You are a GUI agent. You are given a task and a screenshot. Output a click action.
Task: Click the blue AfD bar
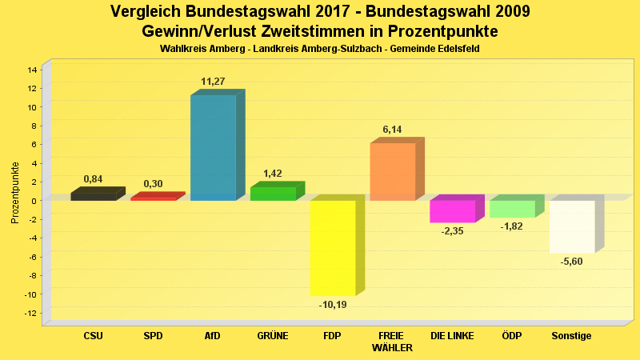[213, 147]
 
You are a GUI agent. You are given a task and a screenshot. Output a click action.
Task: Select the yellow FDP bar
[333, 248]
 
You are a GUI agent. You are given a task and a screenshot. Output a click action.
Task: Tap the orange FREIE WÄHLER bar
[392, 171]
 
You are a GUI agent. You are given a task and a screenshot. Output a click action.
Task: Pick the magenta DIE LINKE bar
[452, 211]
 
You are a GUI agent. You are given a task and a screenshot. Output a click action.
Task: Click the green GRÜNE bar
[273, 194]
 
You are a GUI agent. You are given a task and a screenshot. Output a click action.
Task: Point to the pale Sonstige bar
[572, 226]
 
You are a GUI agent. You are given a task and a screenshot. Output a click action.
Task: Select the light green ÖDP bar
[512, 209]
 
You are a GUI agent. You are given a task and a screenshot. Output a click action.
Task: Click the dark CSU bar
[93, 196]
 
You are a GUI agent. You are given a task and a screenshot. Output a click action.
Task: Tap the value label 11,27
[213, 82]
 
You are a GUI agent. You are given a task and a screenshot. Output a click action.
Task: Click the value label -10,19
[333, 304]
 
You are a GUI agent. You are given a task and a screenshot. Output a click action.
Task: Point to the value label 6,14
[392, 129]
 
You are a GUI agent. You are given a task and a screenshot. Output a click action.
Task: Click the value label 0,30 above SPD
[153, 184]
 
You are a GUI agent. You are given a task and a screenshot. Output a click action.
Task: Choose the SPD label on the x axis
[153, 336]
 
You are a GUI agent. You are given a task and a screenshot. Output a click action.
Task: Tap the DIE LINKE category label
[452, 336]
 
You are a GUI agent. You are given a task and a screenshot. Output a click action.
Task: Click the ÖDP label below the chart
[512, 336]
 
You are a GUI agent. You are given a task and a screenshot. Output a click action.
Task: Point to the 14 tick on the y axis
[32, 70]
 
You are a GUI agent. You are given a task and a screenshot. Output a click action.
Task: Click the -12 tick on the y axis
[30, 313]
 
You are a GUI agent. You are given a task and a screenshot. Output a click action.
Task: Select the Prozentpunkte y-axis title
[15, 193]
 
